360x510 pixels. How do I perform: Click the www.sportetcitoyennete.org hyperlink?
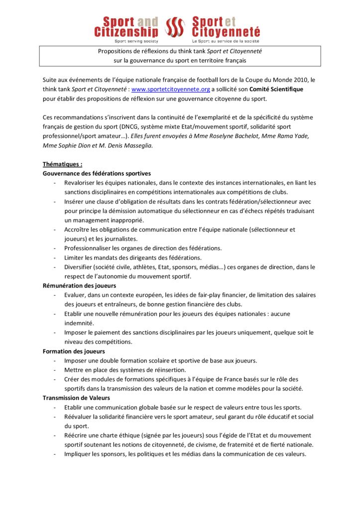pos(170,89)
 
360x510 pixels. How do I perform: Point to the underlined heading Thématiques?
pos(62,164)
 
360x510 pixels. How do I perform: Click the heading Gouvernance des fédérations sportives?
pos(97,173)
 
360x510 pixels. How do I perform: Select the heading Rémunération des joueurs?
pos(79,285)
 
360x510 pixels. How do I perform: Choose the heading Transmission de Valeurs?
pos(76,397)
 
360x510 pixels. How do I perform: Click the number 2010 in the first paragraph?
pos(297,80)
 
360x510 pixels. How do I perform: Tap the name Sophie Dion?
pos(71,145)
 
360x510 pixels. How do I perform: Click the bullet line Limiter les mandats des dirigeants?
pos(133,257)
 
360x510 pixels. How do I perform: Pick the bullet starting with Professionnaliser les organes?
pos(143,248)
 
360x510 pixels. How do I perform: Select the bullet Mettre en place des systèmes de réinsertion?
pos(125,370)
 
